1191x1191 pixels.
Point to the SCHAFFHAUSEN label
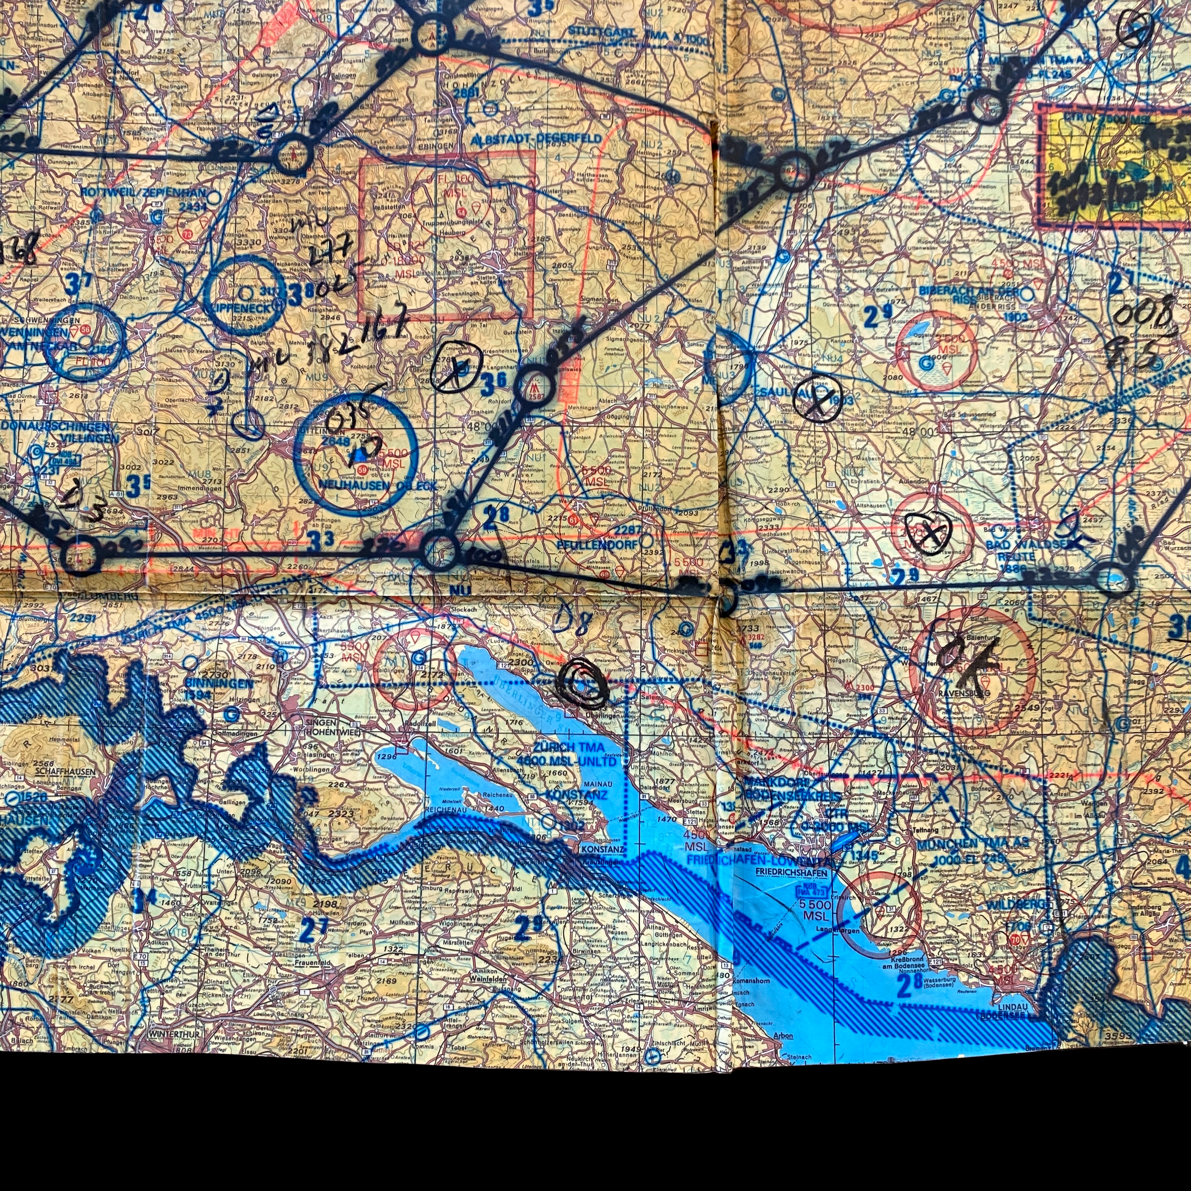(x=65, y=771)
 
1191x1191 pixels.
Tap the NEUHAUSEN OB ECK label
(x=377, y=486)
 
